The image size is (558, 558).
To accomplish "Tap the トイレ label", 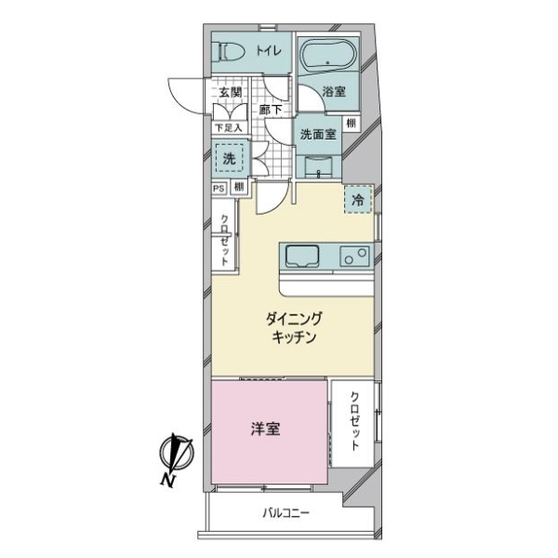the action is pyautogui.click(x=269, y=51).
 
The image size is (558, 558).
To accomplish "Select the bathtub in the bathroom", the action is pyautogui.click(x=327, y=56).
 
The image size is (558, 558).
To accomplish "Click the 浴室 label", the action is pyautogui.click(x=334, y=92).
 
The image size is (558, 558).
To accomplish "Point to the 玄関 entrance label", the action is pyautogui.click(x=231, y=92).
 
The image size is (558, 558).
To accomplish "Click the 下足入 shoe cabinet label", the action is pyautogui.click(x=229, y=127).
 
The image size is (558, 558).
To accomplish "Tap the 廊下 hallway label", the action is pyautogui.click(x=271, y=110).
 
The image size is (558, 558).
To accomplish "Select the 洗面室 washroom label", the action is pyautogui.click(x=318, y=135).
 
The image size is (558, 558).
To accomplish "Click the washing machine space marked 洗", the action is pyautogui.click(x=230, y=159).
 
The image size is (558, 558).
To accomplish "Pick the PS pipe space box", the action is pyautogui.click(x=219, y=188).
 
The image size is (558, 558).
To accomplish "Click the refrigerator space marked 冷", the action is pyautogui.click(x=358, y=200).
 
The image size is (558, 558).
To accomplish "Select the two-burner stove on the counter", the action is pyautogui.click(x=354, y=257).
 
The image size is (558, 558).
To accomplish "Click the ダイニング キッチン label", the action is pyautogui.click(x=294, y=327).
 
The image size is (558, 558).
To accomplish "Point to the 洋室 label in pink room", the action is pyautogui.click(x=265, y=429).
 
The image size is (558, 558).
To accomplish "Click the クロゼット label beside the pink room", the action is pyautogui.click(x=354, y=421).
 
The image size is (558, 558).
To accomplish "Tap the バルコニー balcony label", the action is pyautogui.click(x=286, y=513).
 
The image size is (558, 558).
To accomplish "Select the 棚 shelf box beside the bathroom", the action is pyautogui.click(x=351, y=123).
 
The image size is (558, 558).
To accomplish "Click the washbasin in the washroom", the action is pyautogui.click(x=319, y=166).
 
